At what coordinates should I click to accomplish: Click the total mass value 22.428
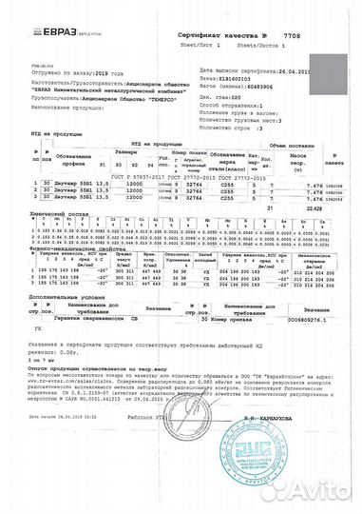[x=310, y=214]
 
